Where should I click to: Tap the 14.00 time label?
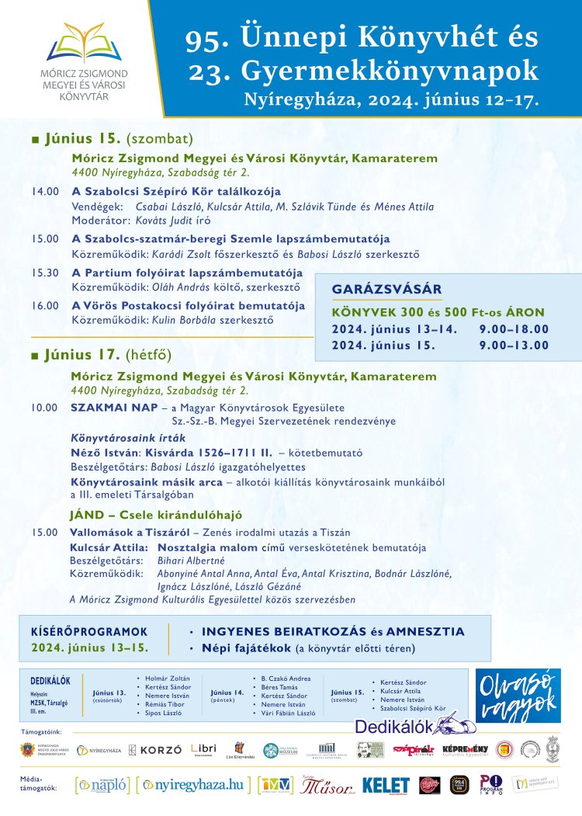point(44,191)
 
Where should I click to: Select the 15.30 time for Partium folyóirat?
point(44,273)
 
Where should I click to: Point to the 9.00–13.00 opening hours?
point(514,345)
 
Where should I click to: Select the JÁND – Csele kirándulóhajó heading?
point(156,514)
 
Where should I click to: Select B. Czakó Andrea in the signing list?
point(287,678)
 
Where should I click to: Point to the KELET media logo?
point(385,785)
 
